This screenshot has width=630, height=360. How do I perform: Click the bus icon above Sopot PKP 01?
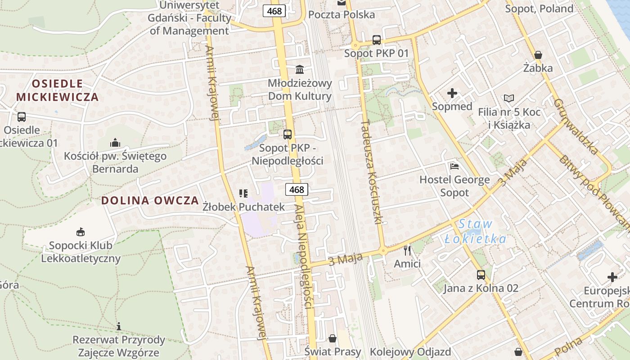[377, 40]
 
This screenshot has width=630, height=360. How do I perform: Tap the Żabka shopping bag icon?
[538, 55]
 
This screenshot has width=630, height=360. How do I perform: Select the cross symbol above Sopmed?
[452, 94]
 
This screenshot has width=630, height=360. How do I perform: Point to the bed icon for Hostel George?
[454, 166]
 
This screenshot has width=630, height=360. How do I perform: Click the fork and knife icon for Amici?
[407, 250]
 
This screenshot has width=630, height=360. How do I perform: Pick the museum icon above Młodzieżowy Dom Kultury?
[300, 69]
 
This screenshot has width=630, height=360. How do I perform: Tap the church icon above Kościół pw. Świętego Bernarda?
[115, 143]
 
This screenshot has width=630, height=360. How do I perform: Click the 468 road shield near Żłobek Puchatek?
[297, 189]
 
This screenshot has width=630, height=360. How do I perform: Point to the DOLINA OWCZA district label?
[150, 201]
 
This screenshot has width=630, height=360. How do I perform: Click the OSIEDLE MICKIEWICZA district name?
[57, 90]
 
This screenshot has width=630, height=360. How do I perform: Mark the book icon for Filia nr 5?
[508, 99]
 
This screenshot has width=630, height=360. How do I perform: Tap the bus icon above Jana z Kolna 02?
[481, 275]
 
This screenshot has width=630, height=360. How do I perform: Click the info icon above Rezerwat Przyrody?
[119, 326]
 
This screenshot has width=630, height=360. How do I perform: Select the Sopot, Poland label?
[539, 9]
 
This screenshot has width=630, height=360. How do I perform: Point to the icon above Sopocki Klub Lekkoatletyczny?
[81, 232]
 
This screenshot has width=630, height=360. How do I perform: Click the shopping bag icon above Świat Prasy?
[333, 338]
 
